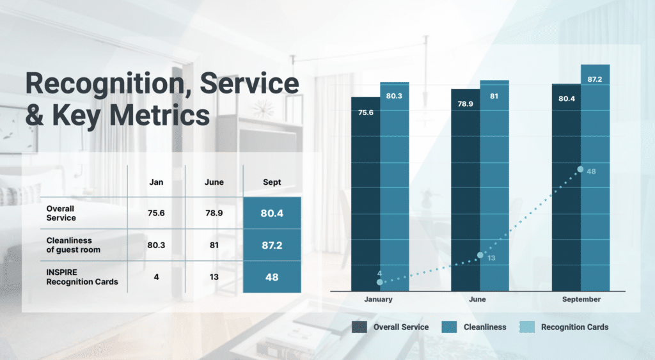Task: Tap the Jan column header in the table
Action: [x=156, y=182]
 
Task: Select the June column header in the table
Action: [x=214, y=182]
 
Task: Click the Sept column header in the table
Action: [x=272, y=182]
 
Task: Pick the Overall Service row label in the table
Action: [x=61, y=213]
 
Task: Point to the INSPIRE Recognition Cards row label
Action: [x=82, y=277]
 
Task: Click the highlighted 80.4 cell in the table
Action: [x=272, y=213]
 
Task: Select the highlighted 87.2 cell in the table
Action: [x=272, y=245]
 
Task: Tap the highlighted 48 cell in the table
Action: [x=272, y=277]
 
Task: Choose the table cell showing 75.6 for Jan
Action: [x=156, y=213]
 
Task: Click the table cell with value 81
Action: [x=214, y=245]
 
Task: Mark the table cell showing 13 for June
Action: [x=214, y=277]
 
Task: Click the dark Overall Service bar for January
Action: [x=366, y=192]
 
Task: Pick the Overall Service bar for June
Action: [x=466, y=192]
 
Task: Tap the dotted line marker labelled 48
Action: [x=580, y=169]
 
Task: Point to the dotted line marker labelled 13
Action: [x=480, y=255]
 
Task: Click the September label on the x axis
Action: [x=581, y=299]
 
